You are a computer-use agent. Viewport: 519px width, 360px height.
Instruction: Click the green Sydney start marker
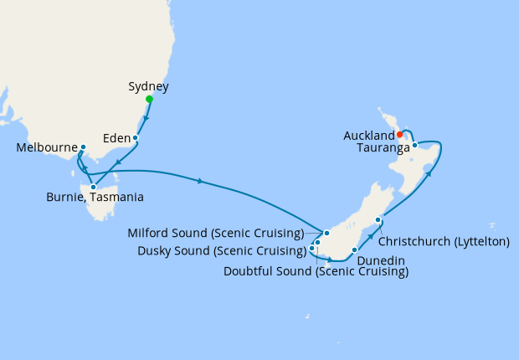click(149, 100)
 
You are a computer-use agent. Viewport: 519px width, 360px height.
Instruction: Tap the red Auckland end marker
click(400, 134)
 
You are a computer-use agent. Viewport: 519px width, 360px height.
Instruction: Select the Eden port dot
click(135, 137)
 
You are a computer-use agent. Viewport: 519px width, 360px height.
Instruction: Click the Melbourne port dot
click(83, 147)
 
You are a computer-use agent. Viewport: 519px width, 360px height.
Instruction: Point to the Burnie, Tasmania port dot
click(93, 187)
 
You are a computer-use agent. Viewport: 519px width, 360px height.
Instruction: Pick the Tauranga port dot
click(414, 145)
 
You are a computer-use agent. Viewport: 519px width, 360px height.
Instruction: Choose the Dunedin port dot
click(355, 249)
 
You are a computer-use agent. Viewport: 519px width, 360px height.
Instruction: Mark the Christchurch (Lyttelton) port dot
click(378, 220)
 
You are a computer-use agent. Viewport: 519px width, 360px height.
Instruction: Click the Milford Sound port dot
click(327, 233)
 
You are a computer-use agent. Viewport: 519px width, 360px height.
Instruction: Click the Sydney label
click(149, 86)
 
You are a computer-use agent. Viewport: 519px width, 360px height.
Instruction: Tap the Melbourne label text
click(45, 148)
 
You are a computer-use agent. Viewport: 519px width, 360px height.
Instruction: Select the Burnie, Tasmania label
click(94, 199)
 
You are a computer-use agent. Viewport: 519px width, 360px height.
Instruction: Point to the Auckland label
click(368, 135)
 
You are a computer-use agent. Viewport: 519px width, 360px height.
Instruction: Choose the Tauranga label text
click(383, 147)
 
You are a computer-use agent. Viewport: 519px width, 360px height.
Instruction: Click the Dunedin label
click(381, 261)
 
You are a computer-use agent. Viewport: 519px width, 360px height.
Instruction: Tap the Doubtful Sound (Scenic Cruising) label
click(316, 271)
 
